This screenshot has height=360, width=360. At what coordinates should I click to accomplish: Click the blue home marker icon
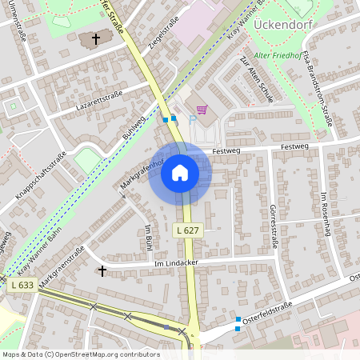click(180, 173)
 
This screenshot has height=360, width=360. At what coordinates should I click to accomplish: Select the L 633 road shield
click(22, 284)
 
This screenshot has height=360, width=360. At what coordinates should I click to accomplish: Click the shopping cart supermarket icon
click(202, 109)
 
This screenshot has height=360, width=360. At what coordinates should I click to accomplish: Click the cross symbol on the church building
click(95, 38)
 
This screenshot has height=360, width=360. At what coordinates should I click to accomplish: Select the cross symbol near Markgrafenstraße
click(102, 271)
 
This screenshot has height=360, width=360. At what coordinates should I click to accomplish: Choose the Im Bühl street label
click(148, 238)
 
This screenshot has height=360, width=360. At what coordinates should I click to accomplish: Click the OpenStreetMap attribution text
click(81, 354)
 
